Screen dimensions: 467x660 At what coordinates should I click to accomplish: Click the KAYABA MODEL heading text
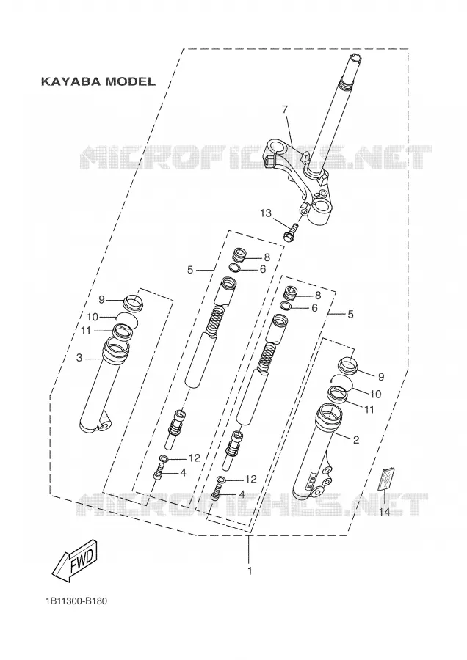[x=98, y=81]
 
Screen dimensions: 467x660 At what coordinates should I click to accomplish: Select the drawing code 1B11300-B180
[x=76, y=601]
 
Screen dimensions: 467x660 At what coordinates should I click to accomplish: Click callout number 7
[x=285, y=109]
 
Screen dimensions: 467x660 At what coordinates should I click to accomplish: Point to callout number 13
[x=266, y=213]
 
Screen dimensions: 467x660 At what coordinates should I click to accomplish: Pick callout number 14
[x=384, y=512]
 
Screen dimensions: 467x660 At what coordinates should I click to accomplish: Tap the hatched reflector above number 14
[x=386, y=480]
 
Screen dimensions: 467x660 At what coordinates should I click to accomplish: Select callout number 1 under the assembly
[x=250, y=571]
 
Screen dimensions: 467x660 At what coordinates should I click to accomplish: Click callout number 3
[x=79, y=358]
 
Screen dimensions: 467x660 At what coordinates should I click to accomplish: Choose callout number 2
[x=356, y=440]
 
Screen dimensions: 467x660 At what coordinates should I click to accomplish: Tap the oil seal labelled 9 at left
[x=133, y=303]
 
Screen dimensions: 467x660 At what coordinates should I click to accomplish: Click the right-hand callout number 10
[x=375, y=394]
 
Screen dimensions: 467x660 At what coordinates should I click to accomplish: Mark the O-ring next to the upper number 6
[x=236, y=268]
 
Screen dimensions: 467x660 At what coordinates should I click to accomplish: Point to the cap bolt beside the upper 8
[x=239, y=255]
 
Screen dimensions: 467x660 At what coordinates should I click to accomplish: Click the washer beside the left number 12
[x=164, y=458]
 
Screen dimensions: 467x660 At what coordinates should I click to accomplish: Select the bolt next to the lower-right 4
[x=216, y=493]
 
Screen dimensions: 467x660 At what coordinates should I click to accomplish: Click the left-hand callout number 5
[x=190, y=270]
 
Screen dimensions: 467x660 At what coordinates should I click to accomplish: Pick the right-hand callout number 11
[x=369, y=409]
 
